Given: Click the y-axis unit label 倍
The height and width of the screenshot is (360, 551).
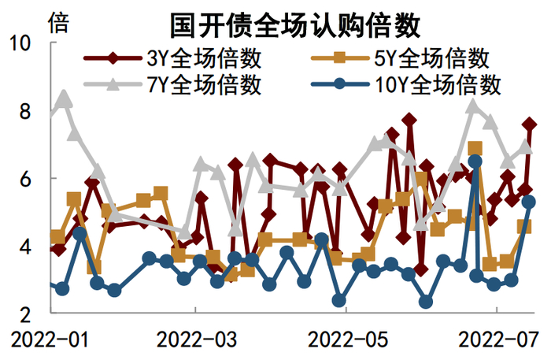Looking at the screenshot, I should [x=58, y=22].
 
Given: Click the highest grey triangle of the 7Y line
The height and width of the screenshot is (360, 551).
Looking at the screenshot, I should [x=65, y=98].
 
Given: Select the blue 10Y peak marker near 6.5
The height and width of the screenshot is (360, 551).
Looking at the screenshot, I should [x=475, y=161].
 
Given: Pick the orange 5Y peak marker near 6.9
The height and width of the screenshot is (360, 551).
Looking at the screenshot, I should [x=475, y=148].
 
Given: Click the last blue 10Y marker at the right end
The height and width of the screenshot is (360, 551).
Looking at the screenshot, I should [x=529, y=202].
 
